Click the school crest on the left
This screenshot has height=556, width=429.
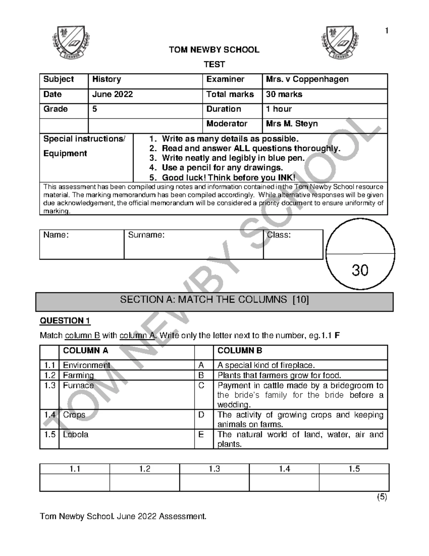(71, 43)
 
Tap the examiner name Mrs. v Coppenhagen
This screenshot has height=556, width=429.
(307, 79)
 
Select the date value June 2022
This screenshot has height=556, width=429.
(112, 95)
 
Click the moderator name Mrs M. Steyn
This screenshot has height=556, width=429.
(292, 124)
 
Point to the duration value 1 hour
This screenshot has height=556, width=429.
(278, 109)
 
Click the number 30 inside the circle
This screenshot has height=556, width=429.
(360, 270)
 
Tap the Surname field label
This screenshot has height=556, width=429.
(146, 235)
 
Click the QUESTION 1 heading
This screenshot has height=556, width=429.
(65, 321)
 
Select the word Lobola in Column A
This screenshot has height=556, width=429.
(75, 435)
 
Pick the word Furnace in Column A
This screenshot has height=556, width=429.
(78, 386)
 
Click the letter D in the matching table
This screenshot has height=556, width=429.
(201, 415)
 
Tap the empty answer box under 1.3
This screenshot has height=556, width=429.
(214, 482)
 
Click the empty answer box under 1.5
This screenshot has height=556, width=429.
(354, 482)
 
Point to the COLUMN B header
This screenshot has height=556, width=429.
(240, 351)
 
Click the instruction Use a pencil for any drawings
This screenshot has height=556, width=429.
(222, 168)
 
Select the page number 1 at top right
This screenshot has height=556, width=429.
(386, 31)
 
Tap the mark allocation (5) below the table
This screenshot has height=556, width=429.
(381, 497)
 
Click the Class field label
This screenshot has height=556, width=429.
(278, 235)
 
